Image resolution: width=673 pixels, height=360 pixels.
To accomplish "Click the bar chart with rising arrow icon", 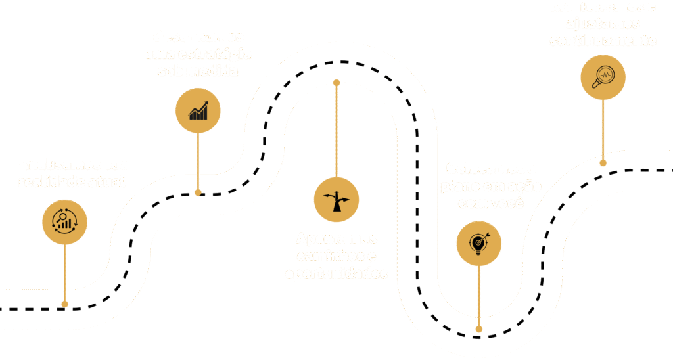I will click(x=198, y=110).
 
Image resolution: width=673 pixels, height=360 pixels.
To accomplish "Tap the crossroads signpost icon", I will click(x=336, y=199).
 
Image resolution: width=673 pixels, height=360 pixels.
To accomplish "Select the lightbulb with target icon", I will click(x=479, y=243).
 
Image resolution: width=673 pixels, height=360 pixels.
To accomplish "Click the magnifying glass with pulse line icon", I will click(x=603, y=77).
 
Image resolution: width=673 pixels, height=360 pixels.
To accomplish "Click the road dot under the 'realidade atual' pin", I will click(x=64, y=304).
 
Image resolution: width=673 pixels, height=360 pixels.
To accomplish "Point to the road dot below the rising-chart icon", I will click(x=198, y=193).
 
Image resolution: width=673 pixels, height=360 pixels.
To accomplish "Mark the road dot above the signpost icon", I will click(x=336, y=83).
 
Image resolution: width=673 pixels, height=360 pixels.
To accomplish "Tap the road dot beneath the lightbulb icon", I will click(x=479, y=328).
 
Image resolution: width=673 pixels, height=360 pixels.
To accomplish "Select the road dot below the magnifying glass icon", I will click(x=603, y=161).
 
